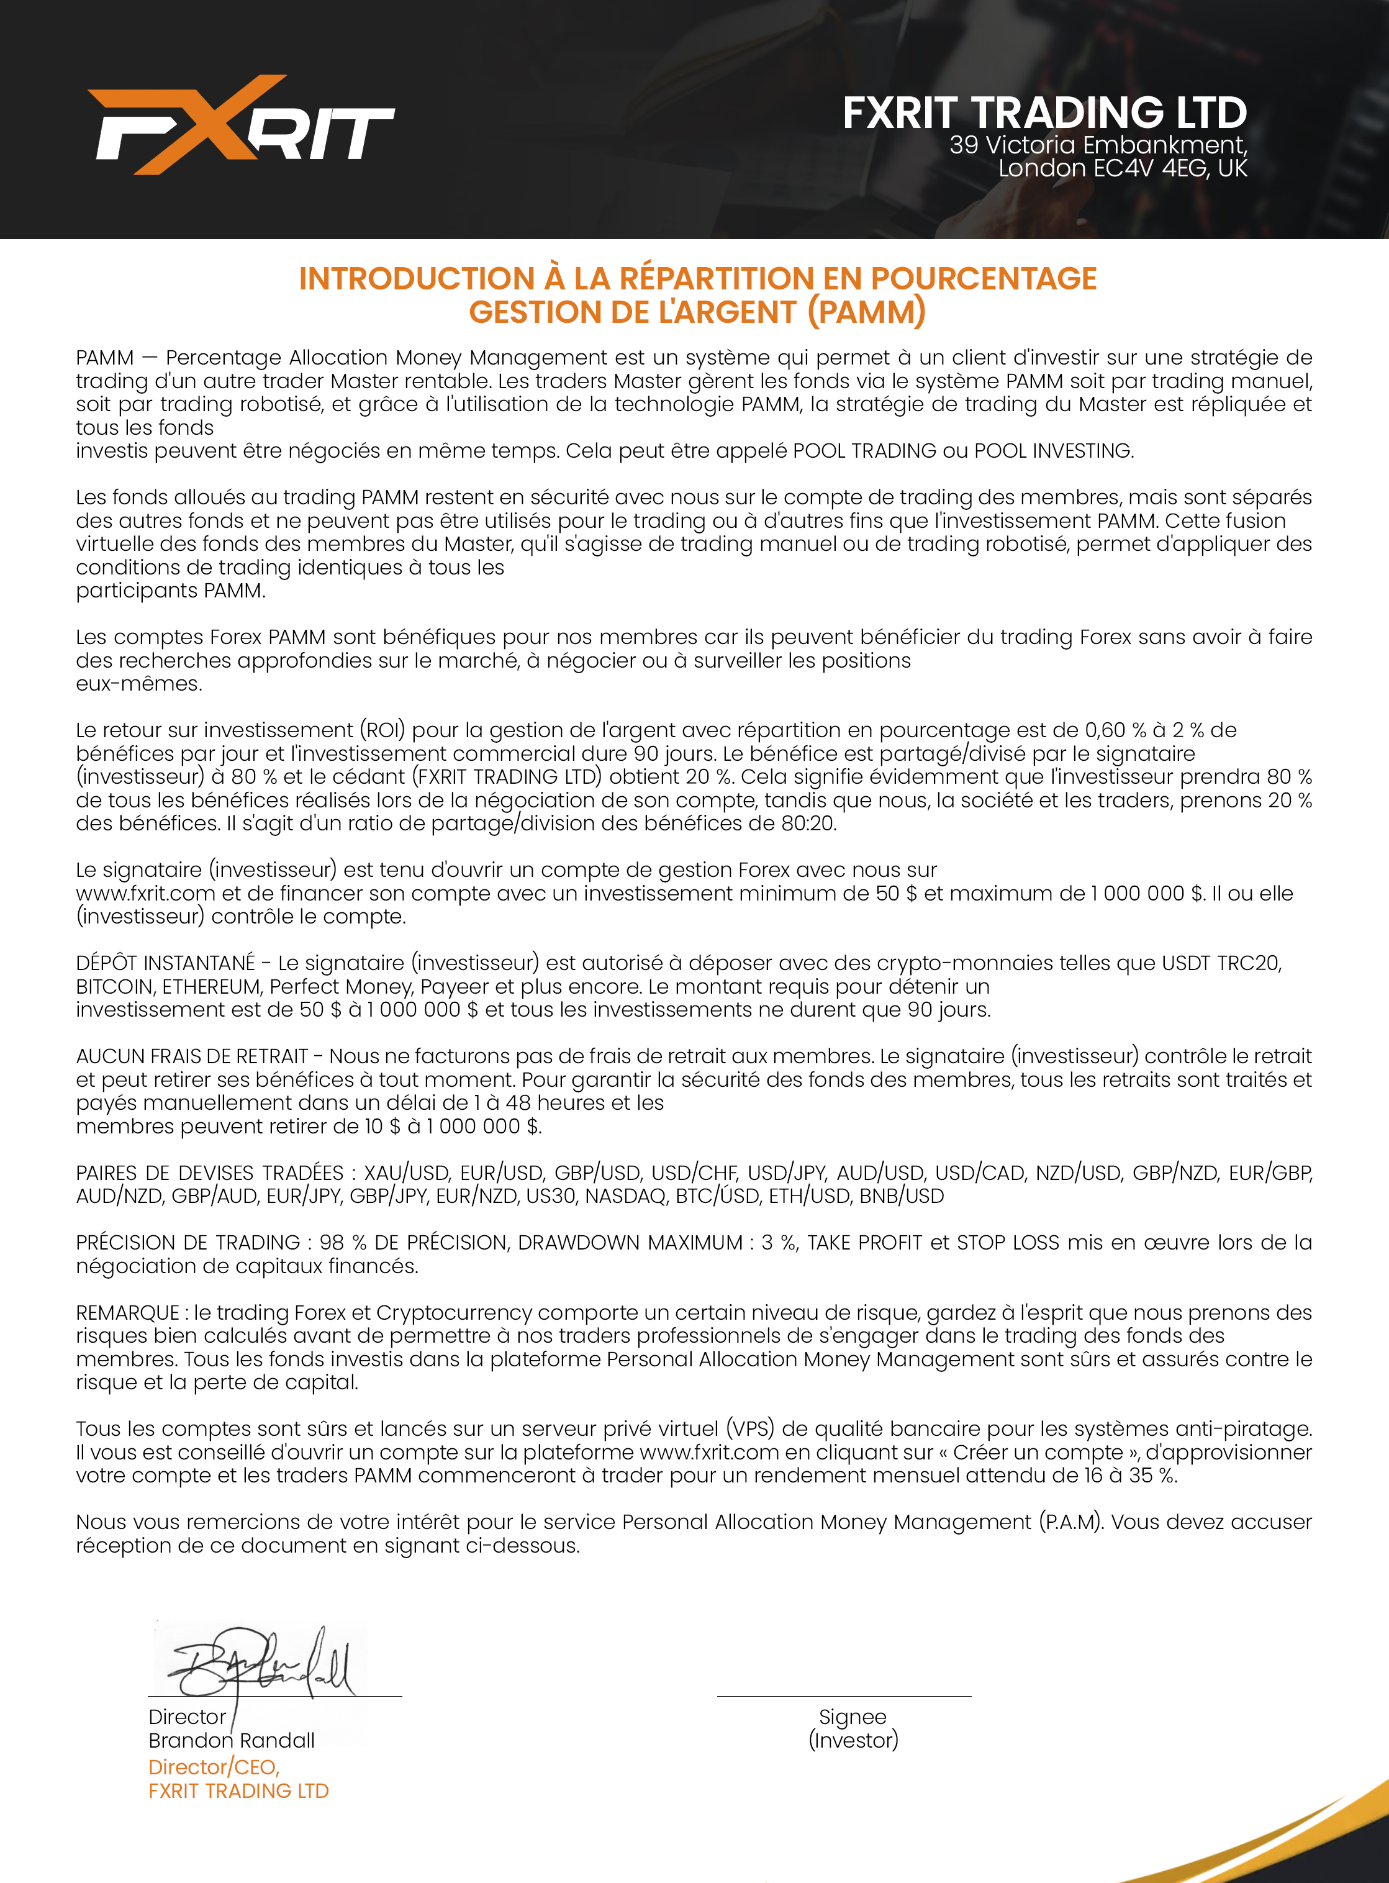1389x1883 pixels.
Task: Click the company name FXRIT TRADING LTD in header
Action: point(1044,112)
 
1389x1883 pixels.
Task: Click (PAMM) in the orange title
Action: point(866,312)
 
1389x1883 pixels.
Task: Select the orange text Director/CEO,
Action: point(214,1767)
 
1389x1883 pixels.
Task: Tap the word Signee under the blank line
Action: point(853,1717)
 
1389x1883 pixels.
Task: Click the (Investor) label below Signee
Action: point(853,1741)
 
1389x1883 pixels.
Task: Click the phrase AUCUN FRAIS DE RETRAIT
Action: point(192,1056)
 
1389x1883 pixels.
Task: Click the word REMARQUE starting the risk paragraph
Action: point(127,1313)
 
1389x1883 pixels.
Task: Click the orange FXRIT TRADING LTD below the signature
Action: point(239,1791)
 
